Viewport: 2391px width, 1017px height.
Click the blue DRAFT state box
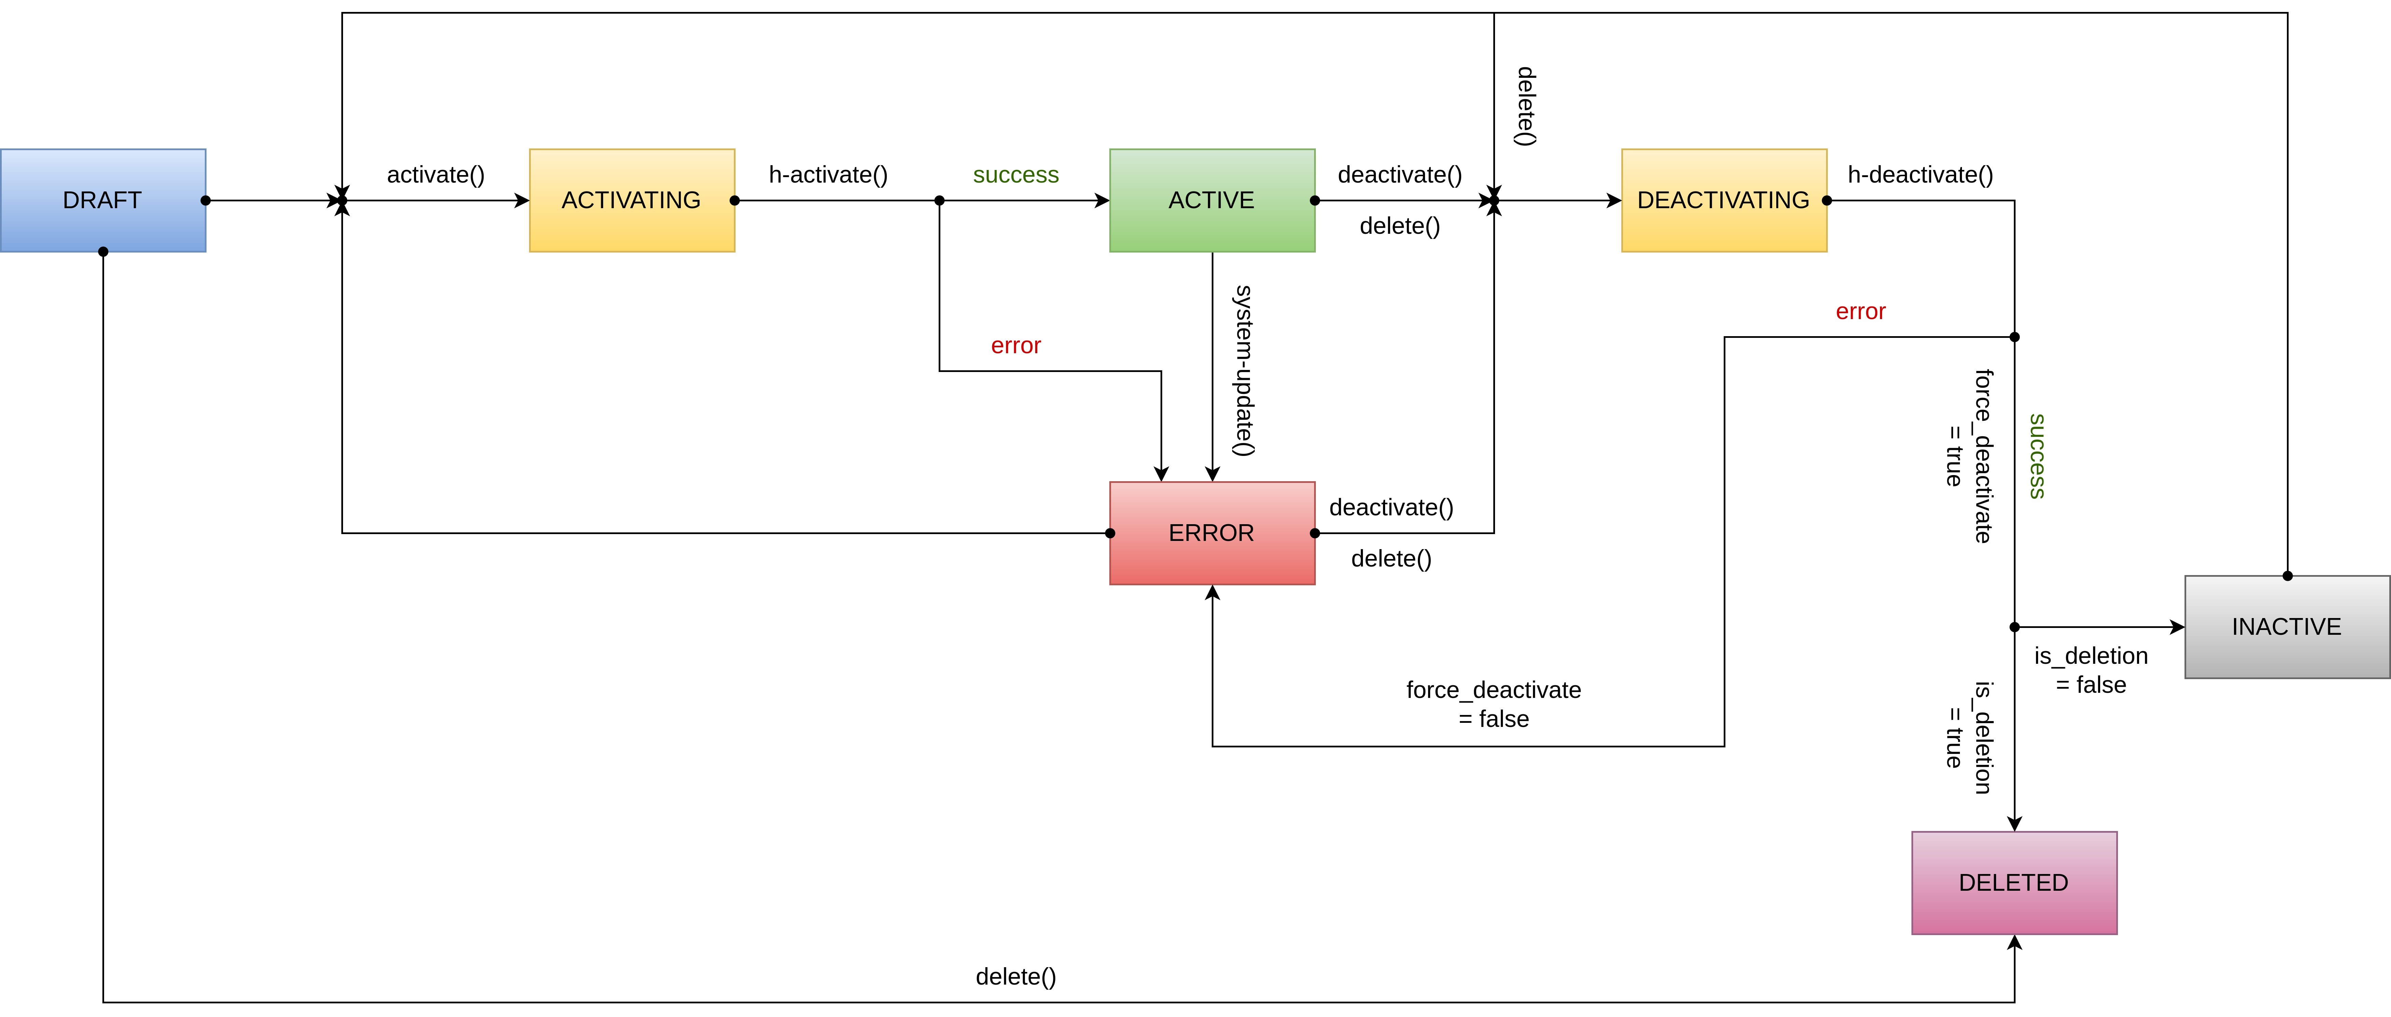[x=103, y=200]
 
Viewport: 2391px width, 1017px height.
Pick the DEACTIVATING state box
[x=1724, y=200]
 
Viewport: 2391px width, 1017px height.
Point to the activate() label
[x=435, y=174]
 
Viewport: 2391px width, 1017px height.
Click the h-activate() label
[x=828, y=174]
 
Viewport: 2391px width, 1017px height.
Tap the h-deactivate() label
[x=1920, y=174]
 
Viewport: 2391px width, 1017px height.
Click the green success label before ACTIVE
[x=1015, y=174]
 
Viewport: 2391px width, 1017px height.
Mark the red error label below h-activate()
[x=1015, y=345]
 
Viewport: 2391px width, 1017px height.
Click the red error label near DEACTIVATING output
[x=1860, y=311]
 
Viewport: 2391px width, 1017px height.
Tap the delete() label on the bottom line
[x=1015, y=976]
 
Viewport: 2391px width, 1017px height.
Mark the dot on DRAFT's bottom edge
[x=103, y=252]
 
